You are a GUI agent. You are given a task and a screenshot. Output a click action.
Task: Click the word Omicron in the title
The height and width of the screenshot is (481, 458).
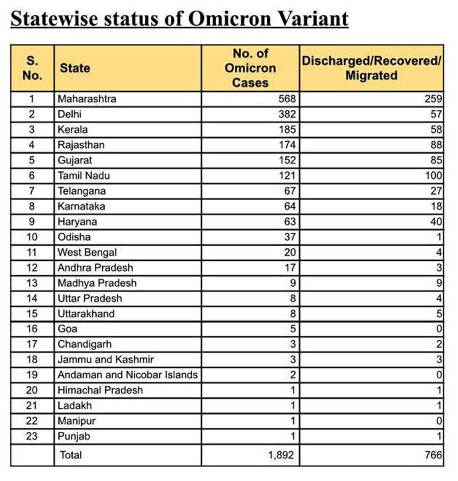[x=229, y=19]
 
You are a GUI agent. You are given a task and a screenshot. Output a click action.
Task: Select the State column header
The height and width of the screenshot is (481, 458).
[x=75, y=68]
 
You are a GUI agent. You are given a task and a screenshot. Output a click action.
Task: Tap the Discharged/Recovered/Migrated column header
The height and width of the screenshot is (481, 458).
[x=371, y=68]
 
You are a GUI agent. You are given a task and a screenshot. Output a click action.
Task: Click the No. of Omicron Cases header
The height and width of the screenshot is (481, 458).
[x=250, y=68]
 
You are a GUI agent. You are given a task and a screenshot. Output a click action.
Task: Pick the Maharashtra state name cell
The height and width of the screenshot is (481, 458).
[x=87, y=99]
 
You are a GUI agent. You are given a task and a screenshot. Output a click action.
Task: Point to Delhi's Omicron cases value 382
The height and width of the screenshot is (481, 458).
[x=287, y=114]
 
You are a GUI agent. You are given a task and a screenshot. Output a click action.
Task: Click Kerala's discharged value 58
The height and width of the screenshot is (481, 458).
[x=436, y=130]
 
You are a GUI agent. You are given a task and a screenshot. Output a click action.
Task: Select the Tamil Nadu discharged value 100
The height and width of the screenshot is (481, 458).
[x=434, y=176]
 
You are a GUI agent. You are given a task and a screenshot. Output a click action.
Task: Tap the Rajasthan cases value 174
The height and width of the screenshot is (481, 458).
[x=287, y=145]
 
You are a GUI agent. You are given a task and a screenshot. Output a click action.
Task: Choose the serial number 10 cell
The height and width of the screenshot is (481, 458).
[x=32, y=237]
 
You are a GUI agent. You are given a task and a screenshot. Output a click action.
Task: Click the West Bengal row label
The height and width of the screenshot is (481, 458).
[x=87, y=252]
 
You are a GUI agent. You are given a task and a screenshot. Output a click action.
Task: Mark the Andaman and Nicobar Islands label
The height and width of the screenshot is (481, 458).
[x=128, y=375]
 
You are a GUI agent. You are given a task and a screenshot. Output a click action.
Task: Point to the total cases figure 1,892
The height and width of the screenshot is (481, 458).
[x=281, y=455]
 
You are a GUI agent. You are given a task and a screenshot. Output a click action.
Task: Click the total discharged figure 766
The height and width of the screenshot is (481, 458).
[x=434, y=455]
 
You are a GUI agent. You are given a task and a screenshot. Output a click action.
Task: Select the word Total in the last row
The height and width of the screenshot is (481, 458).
[x=71, y=455]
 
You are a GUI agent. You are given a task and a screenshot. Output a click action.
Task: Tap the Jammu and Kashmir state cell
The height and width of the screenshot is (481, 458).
[x=106, y=359]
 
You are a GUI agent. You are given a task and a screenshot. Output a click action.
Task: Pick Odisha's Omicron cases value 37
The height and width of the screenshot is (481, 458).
[x=290, y=237]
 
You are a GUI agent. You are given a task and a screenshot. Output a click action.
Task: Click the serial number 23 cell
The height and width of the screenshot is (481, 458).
[x=32, y=436]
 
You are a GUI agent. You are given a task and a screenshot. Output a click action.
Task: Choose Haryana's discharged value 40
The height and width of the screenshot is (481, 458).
[x=436, y=222]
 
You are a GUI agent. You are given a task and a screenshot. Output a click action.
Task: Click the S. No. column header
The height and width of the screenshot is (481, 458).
[x=32, y=68]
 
